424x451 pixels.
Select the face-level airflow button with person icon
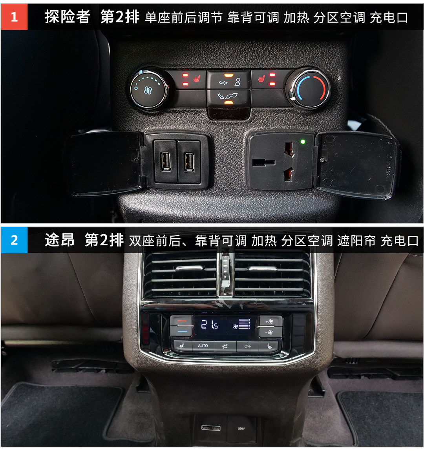pos(228,80)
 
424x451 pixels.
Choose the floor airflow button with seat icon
pos(228,98)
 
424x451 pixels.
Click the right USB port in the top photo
pos(189,161)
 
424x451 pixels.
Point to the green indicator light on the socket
pos(302,142)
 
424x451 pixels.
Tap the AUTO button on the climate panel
pos(203,345)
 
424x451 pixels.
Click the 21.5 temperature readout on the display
pos(209,325)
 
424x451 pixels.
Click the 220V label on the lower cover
pos(241,428)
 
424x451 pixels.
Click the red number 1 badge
pos(14,17)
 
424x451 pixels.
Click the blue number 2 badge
pos(14,240)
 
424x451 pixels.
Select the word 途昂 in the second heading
pos(59,240)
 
